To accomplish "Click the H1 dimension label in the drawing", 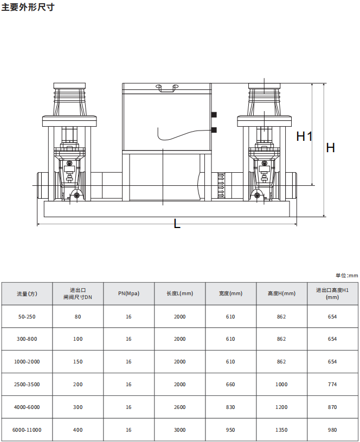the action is [x=304, y=136].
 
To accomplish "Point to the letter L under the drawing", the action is [x=177, y=224].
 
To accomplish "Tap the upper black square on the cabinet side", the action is [x=214, y=115].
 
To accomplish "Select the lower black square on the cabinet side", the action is [x=214, y=130].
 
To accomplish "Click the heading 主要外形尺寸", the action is [x=28, y=7].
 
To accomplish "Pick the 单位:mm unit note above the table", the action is [x=346, y=275].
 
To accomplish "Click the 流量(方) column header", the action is [x=27, y=294].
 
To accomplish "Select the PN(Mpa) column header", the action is [x=128, y=294].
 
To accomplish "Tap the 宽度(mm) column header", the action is [x=230, y=294].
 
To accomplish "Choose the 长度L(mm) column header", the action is [x=179, y=294].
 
